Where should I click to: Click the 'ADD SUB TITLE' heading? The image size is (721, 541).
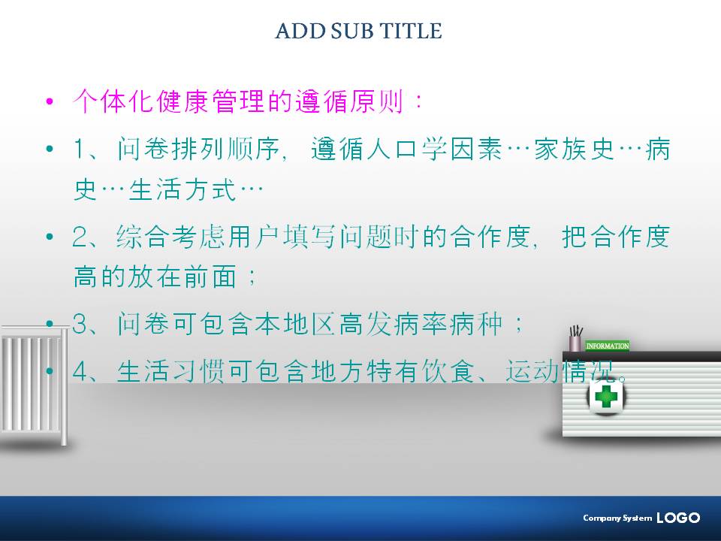(x=359, y=31)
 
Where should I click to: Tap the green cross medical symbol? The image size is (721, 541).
(x=606, y=397)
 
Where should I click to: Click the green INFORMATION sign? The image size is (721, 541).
(x=607, y=346)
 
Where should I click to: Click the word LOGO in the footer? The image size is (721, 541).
(x=678, y=518)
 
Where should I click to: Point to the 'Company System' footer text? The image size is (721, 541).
(x=617, y=518)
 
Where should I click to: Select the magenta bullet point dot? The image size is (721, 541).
(x=50, y=101)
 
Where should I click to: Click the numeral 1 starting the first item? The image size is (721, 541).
(x=80, y=149)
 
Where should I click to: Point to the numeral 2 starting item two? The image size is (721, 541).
(x=80, y=237)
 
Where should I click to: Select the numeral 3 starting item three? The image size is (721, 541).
(x=80, y=323)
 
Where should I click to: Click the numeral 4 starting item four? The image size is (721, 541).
(x=80, y=370)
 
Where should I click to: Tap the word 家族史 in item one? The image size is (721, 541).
(x=574, y=149)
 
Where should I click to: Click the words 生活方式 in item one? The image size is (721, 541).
(x=182, y=189)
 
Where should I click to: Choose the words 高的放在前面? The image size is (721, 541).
(x=155, y=276)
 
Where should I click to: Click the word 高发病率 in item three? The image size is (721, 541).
(x=394, y=323)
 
